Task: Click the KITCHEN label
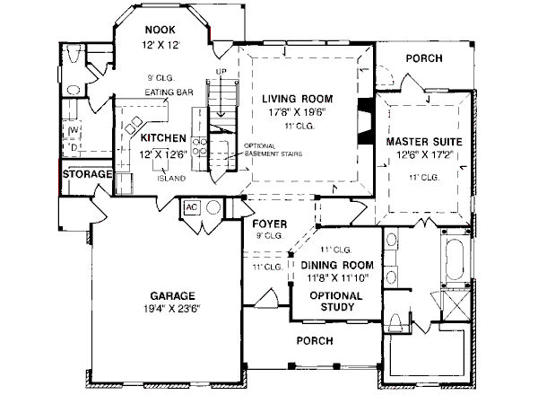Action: [162, 139]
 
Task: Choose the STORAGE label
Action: [88, 174]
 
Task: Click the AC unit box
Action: [190, 207]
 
